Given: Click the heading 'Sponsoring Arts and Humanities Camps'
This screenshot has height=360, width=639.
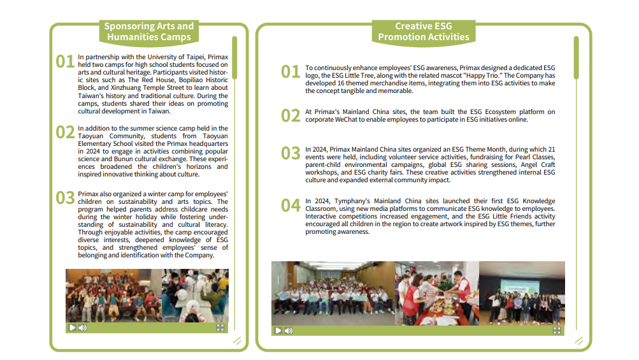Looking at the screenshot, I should pyautogui.click(x=148, y=31).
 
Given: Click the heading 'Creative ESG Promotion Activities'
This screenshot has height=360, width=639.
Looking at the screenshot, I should pyautogui.click(x=423, y=31).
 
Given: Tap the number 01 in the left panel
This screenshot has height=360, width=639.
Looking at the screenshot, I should pyautogui.click(x=65, y=61).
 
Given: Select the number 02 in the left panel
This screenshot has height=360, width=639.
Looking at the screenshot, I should pyautogui.click(x=65, y=132).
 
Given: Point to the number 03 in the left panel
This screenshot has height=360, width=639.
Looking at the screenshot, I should pyautogui.click(x=65, y=198).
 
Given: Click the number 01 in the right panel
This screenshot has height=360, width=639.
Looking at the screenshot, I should pyautogui.click(x=291, y=71).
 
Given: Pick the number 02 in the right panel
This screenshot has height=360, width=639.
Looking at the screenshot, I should pyautogui.click(x=291, y=115).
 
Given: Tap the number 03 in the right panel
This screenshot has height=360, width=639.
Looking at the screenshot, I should pyautogui.click(x=291, y=153).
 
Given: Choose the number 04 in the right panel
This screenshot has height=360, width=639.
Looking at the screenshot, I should pyautogui.click(x=291, y=205).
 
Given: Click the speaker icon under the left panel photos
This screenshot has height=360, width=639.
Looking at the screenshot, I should pyautogui.click(x=83, y=328).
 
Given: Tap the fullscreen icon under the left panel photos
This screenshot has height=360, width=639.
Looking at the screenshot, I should pyautogui.click(x=220, y=328).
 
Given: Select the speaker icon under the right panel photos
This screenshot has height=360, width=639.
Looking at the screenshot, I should pyautogui.click(x=289, y=331).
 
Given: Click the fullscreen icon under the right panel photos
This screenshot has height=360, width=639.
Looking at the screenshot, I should pyautogui.click(x=557, y=331).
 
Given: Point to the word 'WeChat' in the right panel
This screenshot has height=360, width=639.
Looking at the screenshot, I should pyautogui.click(x=346, y=119).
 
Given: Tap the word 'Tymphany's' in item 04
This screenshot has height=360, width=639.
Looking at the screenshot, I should pyautogui.click(x=348, y=201).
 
